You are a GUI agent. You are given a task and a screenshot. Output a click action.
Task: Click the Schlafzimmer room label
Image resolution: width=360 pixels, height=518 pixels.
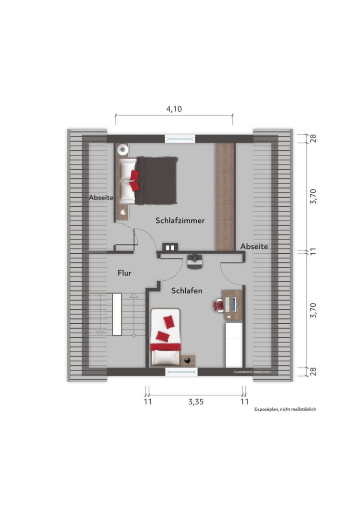(x=180, y=220)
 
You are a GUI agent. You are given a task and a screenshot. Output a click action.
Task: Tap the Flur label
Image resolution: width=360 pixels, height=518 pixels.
(x=124, y=273)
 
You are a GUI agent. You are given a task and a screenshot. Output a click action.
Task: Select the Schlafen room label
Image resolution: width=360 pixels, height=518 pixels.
(x=187, y=291)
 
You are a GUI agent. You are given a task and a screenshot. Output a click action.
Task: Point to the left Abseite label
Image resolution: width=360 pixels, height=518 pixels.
(x=101, y=198)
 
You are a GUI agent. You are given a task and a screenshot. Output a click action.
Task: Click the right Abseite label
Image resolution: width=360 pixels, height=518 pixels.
(x=254, y=247)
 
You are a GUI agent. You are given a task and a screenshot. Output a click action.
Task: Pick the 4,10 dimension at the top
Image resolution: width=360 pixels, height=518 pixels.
(x=174, y=109)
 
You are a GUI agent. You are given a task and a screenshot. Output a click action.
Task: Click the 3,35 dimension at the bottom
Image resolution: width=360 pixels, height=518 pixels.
(x=196, y=402)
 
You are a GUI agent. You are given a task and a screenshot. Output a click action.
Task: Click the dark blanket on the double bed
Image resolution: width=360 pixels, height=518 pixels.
(x=156, y=180)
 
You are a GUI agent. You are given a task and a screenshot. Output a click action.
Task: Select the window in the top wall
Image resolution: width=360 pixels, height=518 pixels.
(x=180, y=139)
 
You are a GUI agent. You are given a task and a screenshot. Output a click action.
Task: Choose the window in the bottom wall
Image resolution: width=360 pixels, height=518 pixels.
(x=181, y=372)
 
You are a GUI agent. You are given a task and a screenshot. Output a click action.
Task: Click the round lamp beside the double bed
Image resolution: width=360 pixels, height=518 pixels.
(x=123, y=150)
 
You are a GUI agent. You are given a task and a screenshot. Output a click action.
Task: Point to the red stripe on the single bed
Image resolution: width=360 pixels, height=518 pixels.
(x=165, y=347)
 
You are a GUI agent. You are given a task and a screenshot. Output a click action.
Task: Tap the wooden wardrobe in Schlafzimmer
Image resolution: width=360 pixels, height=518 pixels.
(x=225, y=197)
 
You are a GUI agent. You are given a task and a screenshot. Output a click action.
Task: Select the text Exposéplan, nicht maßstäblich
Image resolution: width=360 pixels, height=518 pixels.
(x=285, y=409)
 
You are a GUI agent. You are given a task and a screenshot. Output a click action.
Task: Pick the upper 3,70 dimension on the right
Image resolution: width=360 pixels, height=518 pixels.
(x=313, y=197)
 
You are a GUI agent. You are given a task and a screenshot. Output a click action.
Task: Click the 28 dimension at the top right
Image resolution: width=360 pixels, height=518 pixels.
(x=313, y=138)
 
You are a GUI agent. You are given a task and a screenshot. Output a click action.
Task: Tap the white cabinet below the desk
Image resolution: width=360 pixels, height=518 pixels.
(x=234, y=345)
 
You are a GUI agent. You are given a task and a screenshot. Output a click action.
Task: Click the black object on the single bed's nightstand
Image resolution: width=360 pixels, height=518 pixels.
(x=187, y=360)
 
